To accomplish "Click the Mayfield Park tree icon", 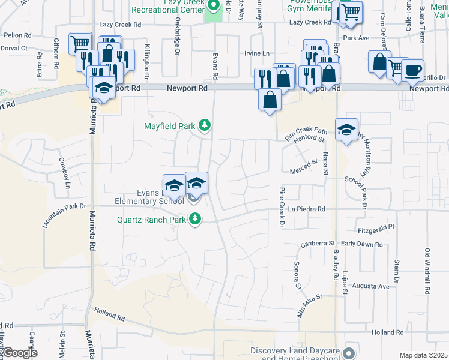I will (205, 125).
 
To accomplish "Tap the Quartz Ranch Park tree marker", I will (194, 220).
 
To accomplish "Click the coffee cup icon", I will (412, 70).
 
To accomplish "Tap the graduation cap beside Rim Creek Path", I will (346, 130).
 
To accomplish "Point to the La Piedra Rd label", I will (306, 209).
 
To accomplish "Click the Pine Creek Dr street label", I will (282, 208).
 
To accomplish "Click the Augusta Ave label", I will (370, 287).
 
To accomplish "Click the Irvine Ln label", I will (256, 53).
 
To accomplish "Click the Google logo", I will (19, 353).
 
